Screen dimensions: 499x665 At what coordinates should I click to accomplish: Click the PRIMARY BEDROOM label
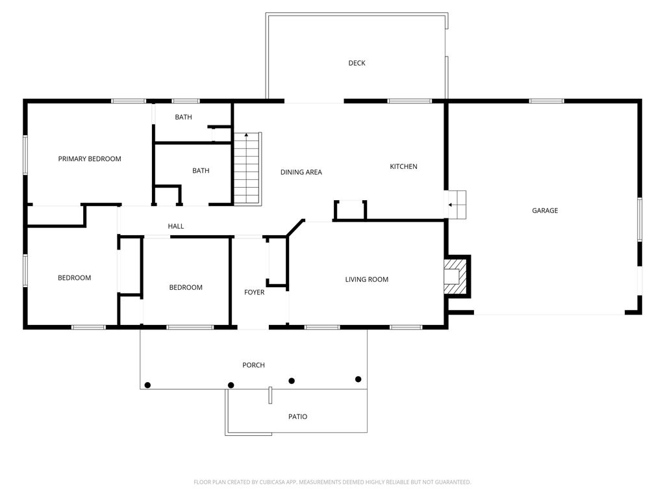(90, 159)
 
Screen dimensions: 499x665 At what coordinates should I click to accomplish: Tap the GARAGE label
(545, 211)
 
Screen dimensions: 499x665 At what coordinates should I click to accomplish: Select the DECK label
(357, 63)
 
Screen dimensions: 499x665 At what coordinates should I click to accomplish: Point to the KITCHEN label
(403, 167)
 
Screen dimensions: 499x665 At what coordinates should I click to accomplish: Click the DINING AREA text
(301, 172)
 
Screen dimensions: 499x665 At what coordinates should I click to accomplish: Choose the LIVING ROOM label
(366, 279)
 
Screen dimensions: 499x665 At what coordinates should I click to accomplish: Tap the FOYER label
(254, 292)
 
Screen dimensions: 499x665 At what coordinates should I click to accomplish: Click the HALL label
(176, 226)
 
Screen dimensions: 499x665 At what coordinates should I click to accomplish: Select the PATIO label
(298, 416)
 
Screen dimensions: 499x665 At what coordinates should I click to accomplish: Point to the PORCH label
(253, 365)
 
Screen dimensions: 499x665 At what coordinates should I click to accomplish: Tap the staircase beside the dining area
(247, 168)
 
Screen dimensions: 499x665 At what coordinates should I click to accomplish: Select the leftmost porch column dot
(147, 385)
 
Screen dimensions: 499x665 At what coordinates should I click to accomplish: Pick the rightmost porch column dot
(358, 379)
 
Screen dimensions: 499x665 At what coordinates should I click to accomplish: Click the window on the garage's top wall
(546, 101)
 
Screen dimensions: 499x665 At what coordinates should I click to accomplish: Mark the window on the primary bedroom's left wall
(25, 154)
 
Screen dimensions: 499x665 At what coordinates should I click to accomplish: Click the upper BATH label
(183, 118)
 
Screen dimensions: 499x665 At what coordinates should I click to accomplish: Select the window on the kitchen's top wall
(409, 101)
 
